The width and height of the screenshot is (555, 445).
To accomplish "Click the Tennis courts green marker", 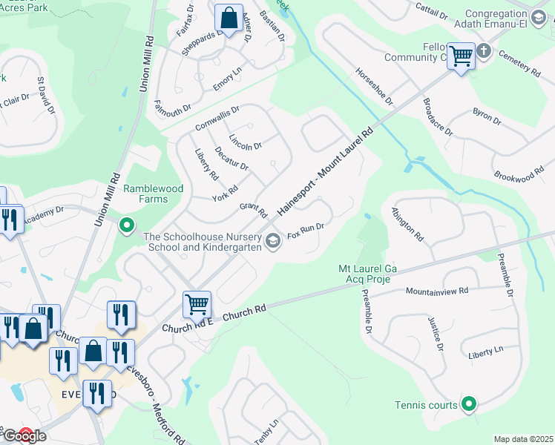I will click(468, 404).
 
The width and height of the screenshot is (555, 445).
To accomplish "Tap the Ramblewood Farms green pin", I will click(127, 223).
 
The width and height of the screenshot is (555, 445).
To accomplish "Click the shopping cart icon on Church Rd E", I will click(197, 303).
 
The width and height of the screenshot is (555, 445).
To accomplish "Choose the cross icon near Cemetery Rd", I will click(483, 50).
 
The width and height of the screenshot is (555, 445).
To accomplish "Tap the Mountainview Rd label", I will click(437, 291).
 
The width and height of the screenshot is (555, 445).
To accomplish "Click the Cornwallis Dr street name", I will click(217, 118).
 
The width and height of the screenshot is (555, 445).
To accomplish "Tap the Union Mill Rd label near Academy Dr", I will click(107, 200).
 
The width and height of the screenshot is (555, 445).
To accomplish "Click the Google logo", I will click(24, 435).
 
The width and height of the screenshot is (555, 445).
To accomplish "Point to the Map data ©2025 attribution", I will click(523, 439).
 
